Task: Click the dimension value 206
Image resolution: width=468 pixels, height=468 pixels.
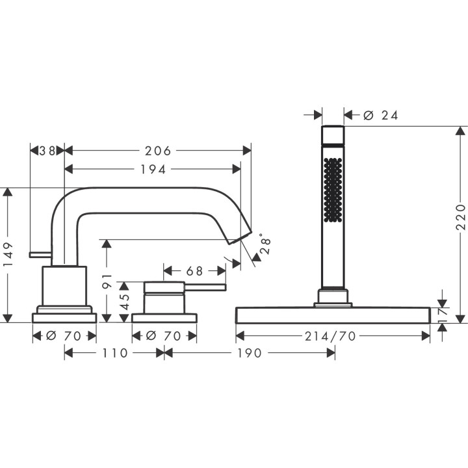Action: click(157, 151)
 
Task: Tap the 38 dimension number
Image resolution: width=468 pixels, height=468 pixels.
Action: click(47, 151)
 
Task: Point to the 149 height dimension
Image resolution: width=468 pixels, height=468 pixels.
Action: click(8, 255)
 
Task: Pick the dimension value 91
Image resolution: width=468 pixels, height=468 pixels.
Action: click(108, 281)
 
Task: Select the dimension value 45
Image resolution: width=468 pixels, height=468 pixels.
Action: click(125, 301)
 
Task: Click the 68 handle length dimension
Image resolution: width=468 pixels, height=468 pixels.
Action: click(195, 270)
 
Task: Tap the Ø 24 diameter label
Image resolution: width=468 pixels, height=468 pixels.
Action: click(381, 115)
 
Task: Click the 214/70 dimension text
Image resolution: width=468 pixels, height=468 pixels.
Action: click(332, 335)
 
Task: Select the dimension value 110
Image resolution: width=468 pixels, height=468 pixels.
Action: click(114, 353)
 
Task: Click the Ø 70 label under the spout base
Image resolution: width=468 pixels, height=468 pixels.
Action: click(64, 335)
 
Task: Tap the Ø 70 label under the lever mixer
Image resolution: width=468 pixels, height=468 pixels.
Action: click(164, 335)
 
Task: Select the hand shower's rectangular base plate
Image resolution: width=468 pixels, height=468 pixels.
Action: click(332, 316)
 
